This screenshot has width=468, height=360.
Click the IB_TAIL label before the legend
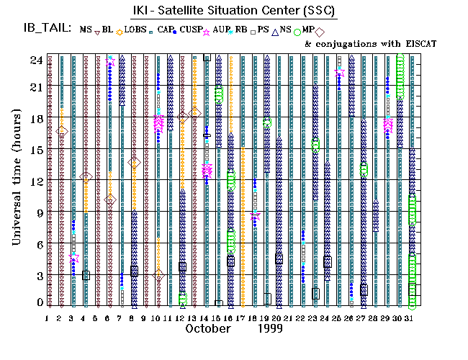click(47, 29)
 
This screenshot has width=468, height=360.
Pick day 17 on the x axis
click(243, 317)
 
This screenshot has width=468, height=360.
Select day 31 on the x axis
click(412, 317)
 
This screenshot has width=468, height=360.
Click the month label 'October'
click(208, 328)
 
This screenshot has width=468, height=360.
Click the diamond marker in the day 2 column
click(62, 130)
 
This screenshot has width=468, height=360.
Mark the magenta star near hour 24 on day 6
click(110, 62)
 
